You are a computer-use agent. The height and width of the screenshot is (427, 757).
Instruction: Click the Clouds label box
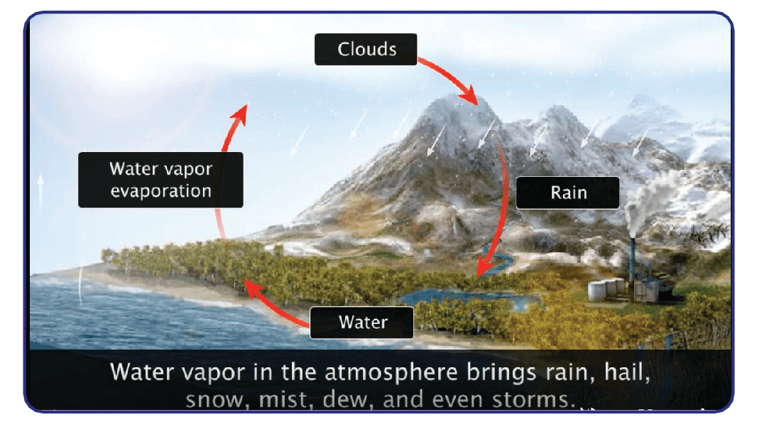366,49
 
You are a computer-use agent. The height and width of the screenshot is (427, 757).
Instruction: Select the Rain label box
568,193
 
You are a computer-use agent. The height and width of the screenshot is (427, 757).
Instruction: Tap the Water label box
361,322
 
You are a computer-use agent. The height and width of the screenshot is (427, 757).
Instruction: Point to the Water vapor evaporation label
160,180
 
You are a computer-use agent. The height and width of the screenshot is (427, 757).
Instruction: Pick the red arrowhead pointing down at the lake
485,267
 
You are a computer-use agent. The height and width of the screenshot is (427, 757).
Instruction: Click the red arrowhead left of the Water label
252,288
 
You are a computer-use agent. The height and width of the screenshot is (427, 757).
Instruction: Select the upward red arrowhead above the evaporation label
239,114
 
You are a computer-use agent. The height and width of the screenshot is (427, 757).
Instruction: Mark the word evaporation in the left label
160,191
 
